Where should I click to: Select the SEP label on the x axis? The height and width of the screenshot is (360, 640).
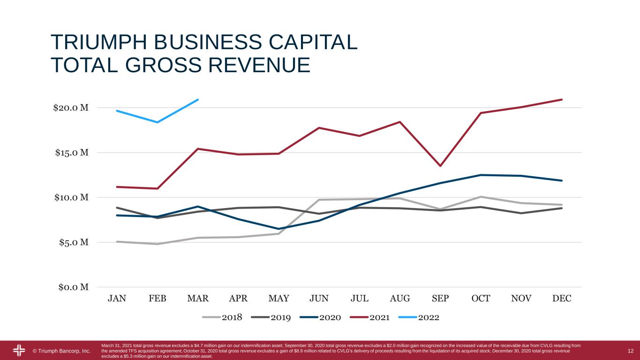[x=440, y=299]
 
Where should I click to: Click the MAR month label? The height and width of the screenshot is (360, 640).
[x=198, y=299]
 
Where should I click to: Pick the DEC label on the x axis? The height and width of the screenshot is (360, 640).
[x=562, y=299]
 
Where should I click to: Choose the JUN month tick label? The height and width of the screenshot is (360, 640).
[x=319, y=299]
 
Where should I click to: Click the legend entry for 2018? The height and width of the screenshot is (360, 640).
[x=223, y=317]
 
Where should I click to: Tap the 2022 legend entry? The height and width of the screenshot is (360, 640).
[x=419, y=317]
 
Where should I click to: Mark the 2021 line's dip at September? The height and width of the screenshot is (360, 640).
[x=440, y=166]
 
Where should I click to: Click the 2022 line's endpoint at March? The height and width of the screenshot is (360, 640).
[x=198, y=99]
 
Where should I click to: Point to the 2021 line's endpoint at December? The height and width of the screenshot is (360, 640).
[x=562, y=99]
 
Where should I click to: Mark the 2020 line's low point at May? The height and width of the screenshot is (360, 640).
[x=279, y=229]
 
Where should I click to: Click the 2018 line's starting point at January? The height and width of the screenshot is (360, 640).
[x=117, y=242]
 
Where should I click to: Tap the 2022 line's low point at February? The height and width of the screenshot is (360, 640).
[x=157, y=122]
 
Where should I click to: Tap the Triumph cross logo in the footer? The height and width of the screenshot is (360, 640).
[x=19, y=351]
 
